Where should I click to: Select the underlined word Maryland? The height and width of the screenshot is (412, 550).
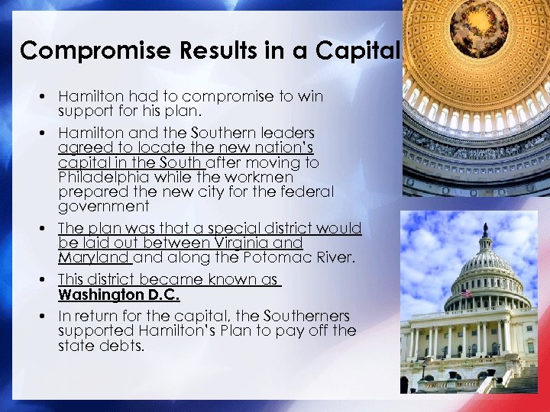[94, 257]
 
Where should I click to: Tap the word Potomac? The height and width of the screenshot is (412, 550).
[272, 257]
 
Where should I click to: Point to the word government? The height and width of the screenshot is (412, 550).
[103, 207]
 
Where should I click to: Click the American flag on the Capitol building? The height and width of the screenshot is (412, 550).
[465, 293]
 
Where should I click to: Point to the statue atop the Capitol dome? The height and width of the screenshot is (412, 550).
[484, 228]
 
